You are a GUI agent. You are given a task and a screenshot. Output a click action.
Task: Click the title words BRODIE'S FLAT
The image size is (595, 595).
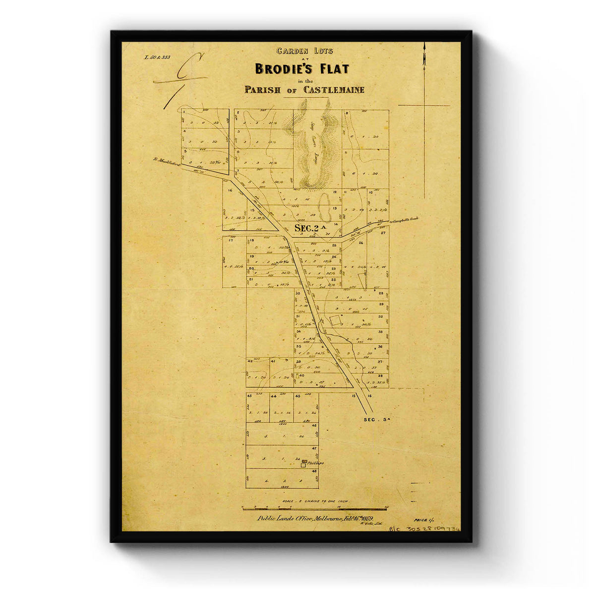(x=302, y=68)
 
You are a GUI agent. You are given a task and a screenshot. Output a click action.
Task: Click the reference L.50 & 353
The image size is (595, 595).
(x=157, y=57)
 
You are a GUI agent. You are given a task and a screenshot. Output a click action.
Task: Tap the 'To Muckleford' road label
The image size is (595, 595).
(x=167, y=160)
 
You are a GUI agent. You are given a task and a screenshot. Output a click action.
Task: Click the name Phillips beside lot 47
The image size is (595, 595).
(x=315, y=463)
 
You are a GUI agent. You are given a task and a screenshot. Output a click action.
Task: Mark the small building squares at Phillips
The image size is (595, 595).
(x=303, y=464)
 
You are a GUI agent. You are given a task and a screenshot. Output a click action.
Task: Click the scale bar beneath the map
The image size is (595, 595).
(x=314, y=508)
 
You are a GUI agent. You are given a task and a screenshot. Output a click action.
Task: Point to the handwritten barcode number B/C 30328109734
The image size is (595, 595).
(x=425, y=529)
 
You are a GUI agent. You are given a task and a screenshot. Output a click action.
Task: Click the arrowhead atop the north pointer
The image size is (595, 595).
(x=424, y=48)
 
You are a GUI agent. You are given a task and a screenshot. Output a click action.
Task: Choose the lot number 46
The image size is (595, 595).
(x=313, y=425)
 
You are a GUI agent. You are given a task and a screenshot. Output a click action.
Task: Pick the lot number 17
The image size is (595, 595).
(x=231, y=240)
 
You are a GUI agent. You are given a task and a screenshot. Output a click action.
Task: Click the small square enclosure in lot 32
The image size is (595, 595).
(x=336, y=320)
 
